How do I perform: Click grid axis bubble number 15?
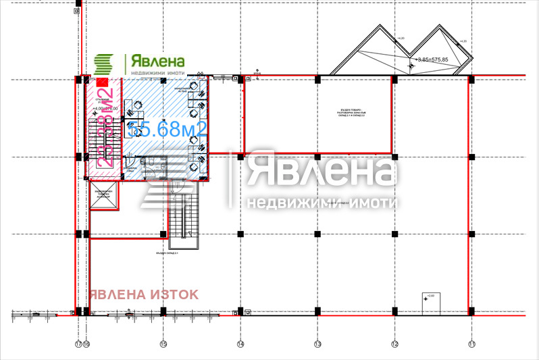coord(162,344)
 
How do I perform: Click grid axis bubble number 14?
coord(240,344)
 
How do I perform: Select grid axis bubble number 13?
coord(317,344)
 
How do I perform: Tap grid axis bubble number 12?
coord(394,344)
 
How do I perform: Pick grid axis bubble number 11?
coord(471,344)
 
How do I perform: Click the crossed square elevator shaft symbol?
coord(103,195)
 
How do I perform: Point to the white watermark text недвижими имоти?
coord(321,203)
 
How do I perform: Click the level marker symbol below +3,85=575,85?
coord(411,66)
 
